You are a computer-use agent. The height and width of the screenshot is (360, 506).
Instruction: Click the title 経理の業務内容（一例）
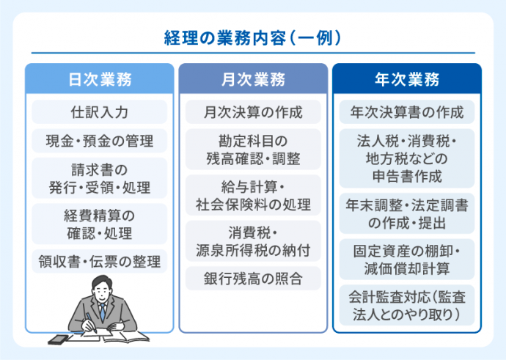point(253,37)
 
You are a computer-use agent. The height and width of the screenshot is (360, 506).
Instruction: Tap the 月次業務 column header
point(253,78)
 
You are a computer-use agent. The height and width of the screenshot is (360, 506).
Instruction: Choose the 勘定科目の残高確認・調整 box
point(253,149)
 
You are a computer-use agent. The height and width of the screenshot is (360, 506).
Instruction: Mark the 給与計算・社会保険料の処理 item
point(253,195)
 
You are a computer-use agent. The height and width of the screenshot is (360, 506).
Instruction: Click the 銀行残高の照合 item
point(253,279)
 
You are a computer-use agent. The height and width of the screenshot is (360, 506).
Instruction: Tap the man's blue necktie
point(103,311)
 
